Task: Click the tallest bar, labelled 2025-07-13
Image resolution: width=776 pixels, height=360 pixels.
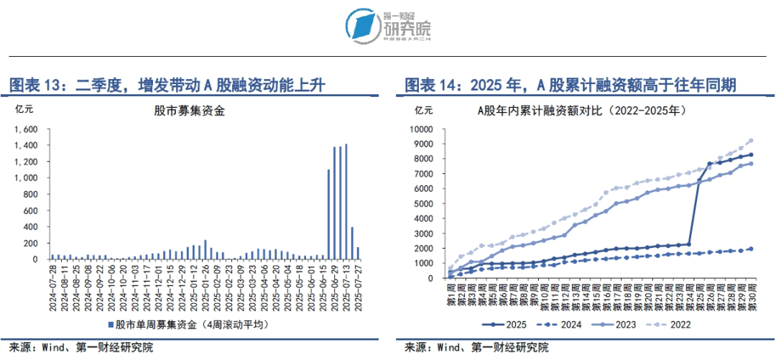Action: click(346, 201)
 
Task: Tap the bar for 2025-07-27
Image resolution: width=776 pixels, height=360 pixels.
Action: click(358, 253)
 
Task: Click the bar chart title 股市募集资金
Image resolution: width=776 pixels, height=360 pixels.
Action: click(190, 111)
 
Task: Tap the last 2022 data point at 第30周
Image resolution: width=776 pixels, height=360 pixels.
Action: click(752, 141)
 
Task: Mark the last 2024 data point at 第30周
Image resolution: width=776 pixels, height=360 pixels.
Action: click(752, 249)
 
